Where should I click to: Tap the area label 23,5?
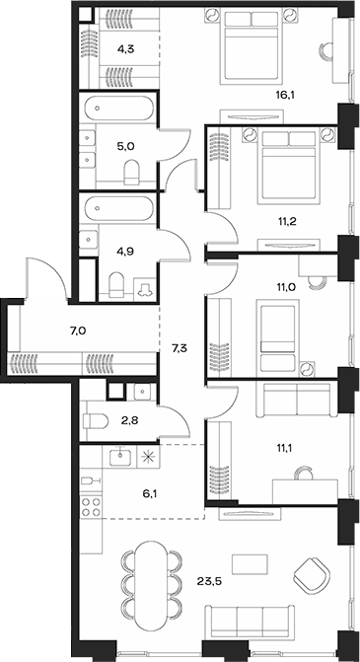[x=209, y=581]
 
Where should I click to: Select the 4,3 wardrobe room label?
[x=126, y=48]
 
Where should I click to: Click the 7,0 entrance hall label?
[x=78, y=330]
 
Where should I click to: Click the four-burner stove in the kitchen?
[x=91, y=507]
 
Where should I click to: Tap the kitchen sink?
[x=120, y=457]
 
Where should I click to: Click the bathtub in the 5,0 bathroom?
[x=117, y=109]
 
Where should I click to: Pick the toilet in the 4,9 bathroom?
[x=116, y=285]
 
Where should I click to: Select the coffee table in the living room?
[x=250, y=564]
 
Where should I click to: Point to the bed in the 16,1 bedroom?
[x=252, y=45]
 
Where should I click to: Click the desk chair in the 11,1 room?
[x=305, y=474]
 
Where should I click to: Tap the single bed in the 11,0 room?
[x=278, y=335]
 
